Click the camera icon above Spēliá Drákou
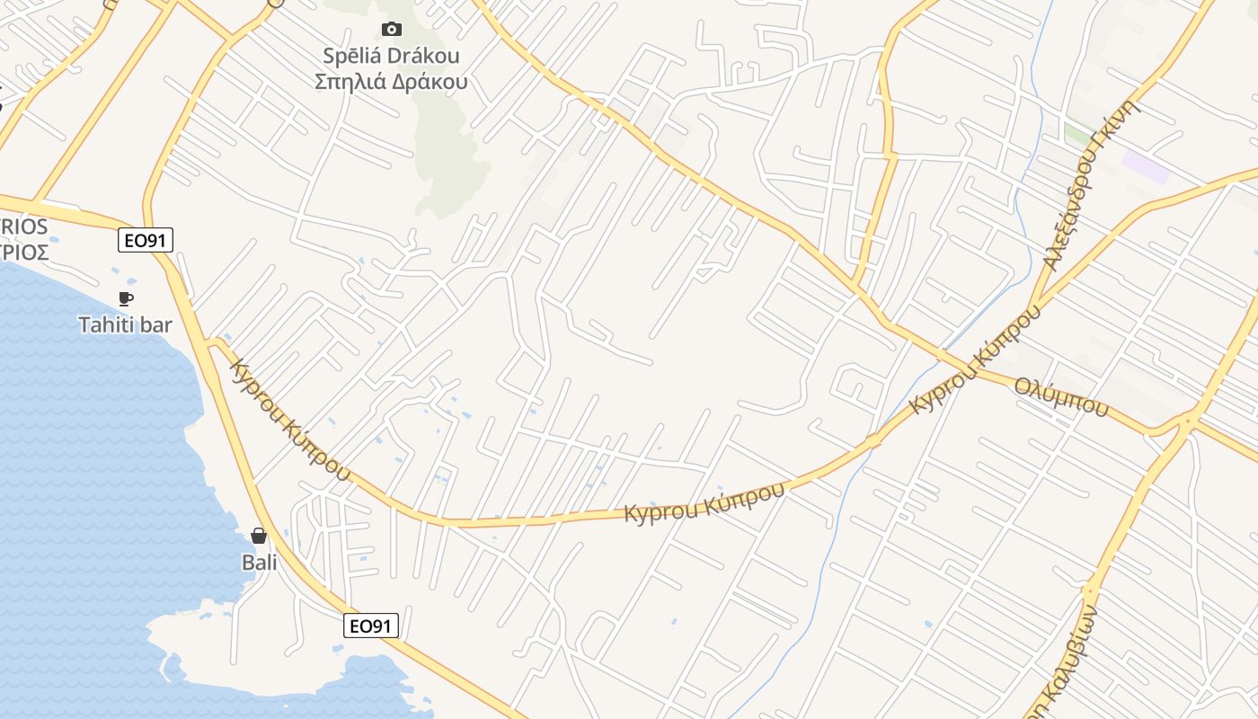tap(391, 29)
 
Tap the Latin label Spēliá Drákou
tap(391, 56)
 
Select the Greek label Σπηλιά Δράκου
tap(391, 82)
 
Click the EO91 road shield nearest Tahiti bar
tap(145, 240)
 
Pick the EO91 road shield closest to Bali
tap(371, 626)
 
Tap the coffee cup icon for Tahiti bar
tap(125, 298)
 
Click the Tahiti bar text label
tap(125, 324)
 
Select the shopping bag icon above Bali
tap(259, 536)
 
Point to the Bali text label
tap(259, 563)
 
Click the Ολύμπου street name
tap(1061, 396)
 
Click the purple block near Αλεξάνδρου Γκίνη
tap(1146, 167)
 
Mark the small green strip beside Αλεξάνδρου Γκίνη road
tap(1077, 133)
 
